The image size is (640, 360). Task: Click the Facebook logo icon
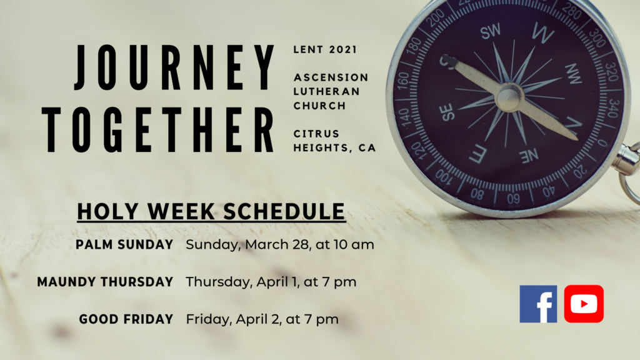click(x=538, y=304)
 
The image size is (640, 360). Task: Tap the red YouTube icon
click(x=584, y=304)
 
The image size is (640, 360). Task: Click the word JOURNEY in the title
click(x=174, y=67)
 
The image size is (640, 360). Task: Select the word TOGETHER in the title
click(x=158, y=130)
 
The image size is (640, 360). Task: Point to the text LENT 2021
click(x=325, y=49)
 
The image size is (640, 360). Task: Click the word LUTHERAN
click(x=326, y=91)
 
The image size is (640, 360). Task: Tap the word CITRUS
click(x=316, y=134)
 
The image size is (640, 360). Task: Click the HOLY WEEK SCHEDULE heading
click(x=211, y=211)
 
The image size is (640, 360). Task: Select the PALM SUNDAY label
click(x=124, y=244)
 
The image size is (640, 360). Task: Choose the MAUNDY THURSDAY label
click(x=105, y=282)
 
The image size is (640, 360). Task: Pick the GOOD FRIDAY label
click(x=126, y=319)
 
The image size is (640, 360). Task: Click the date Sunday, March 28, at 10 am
click(x=280, y=244)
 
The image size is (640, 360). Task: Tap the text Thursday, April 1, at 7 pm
click(x=271, y=282)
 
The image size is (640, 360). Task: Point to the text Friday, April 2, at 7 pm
click(x=262, y=319)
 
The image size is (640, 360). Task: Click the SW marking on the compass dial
click(x=491, y=31)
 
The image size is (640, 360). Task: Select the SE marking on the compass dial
click(x=447, y=112)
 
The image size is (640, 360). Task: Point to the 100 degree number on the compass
click(x=444, y=176)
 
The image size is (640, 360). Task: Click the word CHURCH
click(x=319, y=106)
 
